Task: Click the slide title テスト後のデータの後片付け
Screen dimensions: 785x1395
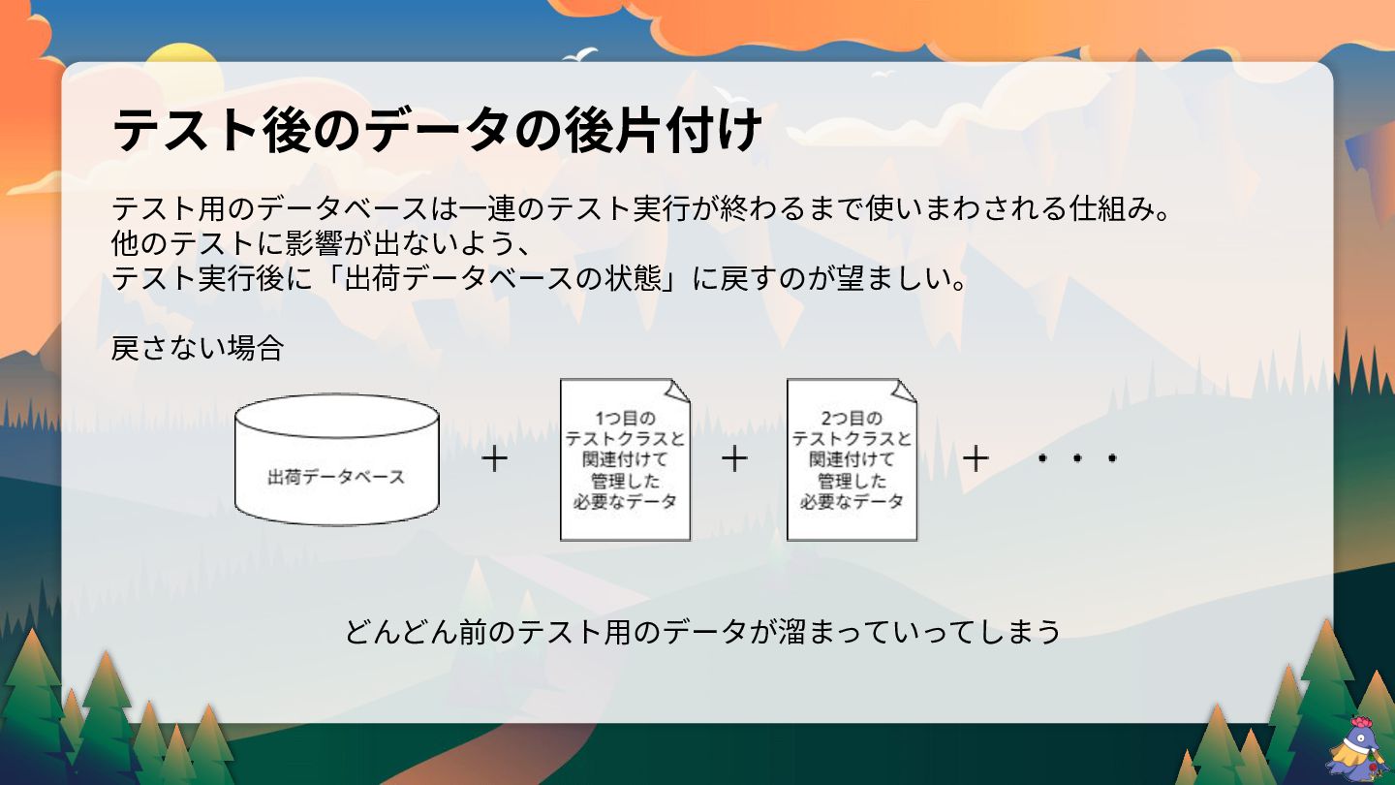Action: point(437,130)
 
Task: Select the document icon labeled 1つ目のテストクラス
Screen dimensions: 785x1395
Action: point(625,460)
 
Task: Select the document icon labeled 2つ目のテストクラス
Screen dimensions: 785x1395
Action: point(852,460)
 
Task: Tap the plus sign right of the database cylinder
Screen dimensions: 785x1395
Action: point(494,458)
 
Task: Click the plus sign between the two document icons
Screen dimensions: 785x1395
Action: point(735,458)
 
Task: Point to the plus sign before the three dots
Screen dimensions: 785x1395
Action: point(975,458)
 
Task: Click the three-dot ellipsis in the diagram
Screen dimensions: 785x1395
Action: point(1076,458)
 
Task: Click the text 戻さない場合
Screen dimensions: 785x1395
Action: point(197,348)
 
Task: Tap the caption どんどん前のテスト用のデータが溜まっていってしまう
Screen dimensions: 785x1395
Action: point(702,632)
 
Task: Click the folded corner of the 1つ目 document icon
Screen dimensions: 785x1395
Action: point(677,390)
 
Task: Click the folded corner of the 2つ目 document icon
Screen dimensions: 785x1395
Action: point(904,390)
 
